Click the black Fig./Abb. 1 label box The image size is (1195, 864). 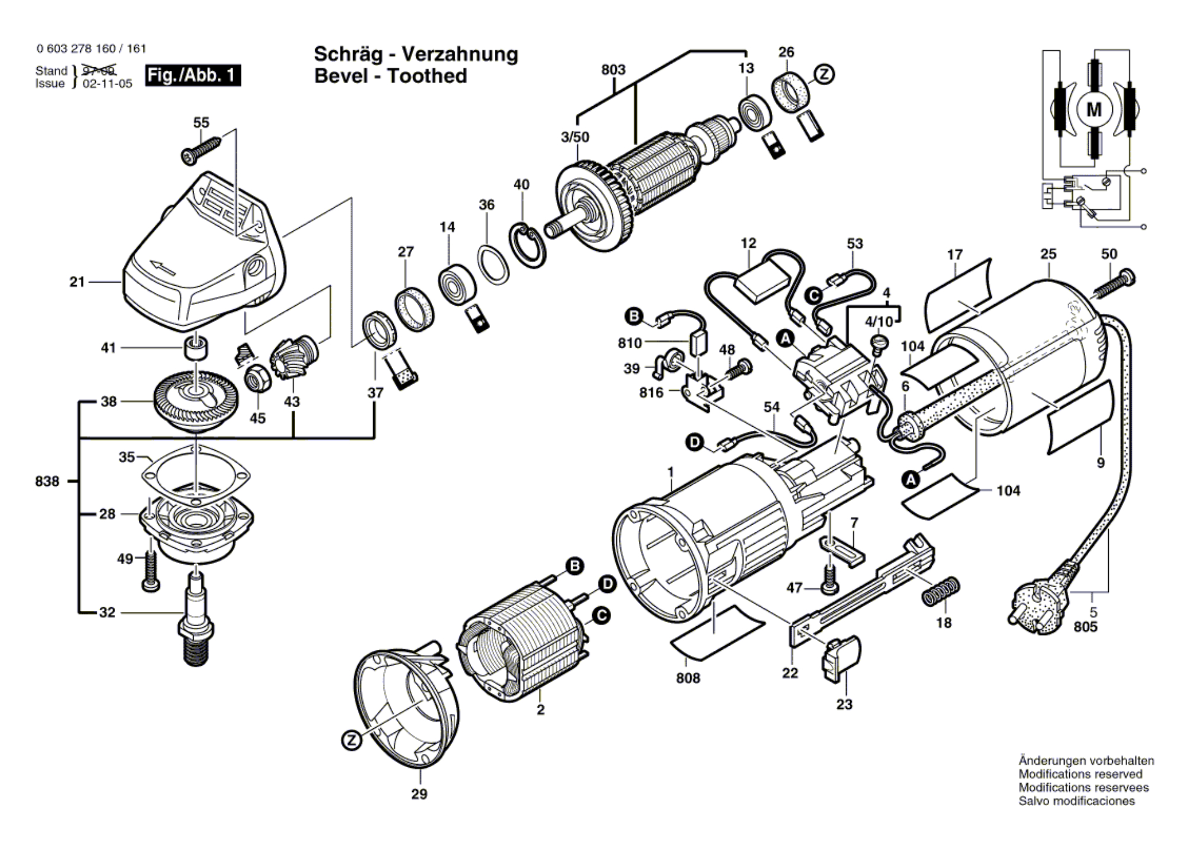tap(193, 76)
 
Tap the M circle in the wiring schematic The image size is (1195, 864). tap(1093, 110)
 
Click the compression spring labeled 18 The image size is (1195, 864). tap(941, 590)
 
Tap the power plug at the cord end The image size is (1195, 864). tap(1041, 601)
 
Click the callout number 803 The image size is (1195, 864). tap(613, 70)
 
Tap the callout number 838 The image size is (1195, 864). tap(47, 481)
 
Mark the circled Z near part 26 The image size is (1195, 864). tap(824, 74)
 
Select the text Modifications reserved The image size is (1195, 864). tap(1080, 774)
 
